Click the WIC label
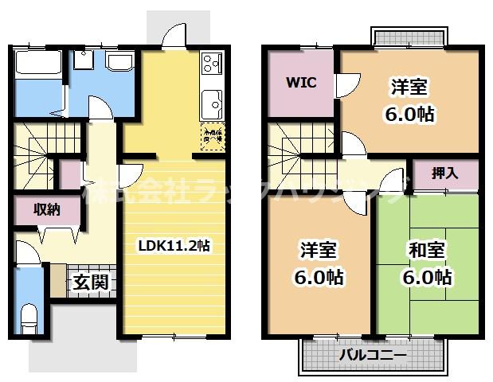(302, 82)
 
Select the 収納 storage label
(45, 210)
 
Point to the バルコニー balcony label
(370, 354)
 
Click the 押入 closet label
(444, 173)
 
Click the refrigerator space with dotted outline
(210, 135)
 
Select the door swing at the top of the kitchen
(171, 36)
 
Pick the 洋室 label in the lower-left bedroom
(318, 250)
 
